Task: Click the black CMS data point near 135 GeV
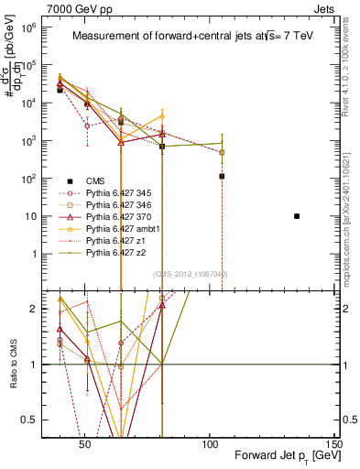tap(297, 216)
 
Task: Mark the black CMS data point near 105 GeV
tap(222, 176)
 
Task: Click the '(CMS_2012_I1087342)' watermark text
tap(191, 273)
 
